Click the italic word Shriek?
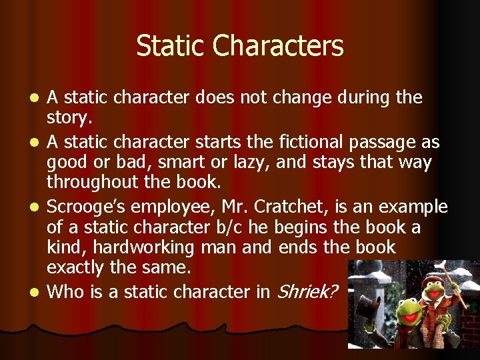(x=307, y=291)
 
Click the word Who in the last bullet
(x=65, y=291)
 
